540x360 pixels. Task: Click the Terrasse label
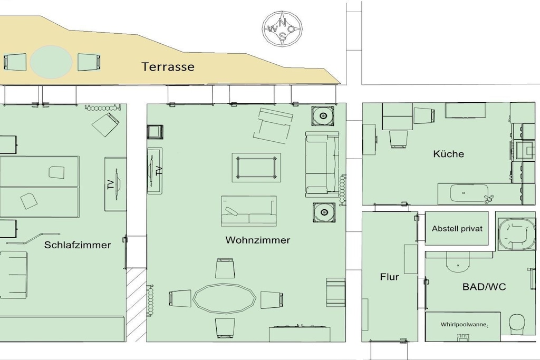168,66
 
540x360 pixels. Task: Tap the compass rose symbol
283,29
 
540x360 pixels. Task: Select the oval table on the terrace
51,62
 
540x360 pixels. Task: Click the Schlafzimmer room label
78,245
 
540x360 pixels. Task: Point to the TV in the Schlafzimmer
115,184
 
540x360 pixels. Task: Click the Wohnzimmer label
257,240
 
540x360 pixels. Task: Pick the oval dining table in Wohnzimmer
224,298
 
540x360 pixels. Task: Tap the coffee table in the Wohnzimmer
256,168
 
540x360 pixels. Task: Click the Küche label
448,154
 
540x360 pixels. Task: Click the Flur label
390,277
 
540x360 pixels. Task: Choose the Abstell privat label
457,229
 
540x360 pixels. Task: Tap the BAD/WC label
484,287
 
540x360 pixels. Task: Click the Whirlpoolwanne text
464,325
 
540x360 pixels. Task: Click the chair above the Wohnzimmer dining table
225,268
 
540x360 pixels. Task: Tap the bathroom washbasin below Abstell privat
458,261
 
